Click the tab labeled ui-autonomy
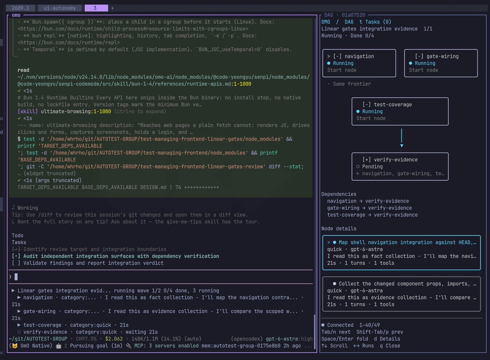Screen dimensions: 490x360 tap(60, 8)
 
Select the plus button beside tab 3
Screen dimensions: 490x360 tap(112, 8)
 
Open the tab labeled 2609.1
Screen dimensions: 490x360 tap(20, 8)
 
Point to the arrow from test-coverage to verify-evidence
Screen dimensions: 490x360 tap(402, 138)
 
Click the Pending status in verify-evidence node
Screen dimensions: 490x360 tap(372, 167)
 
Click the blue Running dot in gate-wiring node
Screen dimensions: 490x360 tap(410, 63)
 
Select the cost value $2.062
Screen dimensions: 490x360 tap(114, 339)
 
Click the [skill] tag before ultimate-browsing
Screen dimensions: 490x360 tap(28, 112)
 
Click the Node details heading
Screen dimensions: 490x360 tap(339, 228)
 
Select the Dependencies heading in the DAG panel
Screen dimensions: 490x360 tap(339, 194)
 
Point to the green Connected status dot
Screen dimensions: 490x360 tap(323, 325)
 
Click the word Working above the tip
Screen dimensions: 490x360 tap(28, 208)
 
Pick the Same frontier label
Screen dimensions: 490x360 tap(352, 84)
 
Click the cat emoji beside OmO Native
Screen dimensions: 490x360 tap(15, 346)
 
